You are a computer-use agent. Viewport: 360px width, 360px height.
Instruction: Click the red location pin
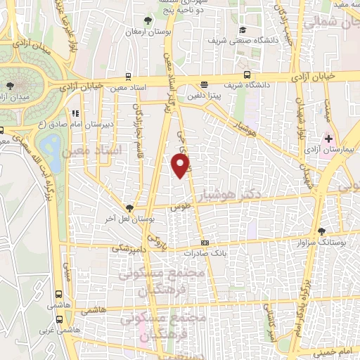(x=181, y=165)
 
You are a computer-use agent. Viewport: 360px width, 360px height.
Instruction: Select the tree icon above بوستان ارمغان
(x=146, y=20)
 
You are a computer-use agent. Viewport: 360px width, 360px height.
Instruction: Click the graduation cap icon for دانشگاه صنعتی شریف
(x=243, y=30)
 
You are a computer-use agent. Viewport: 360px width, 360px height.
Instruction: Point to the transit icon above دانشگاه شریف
(x=247, y=75)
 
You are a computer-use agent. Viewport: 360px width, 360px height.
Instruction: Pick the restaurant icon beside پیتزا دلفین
(x=204, y=83)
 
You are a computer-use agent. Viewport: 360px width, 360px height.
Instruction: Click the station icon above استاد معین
(x=127, y=75)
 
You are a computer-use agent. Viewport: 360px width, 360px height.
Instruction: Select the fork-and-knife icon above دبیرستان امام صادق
(x=75, y=112)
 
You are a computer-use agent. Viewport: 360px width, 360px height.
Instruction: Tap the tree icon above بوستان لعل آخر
(x=129, y=207)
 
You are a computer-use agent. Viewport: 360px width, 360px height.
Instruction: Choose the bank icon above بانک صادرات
(x=205, y=243)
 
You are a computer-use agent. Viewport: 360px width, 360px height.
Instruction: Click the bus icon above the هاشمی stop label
(x=58, y=295)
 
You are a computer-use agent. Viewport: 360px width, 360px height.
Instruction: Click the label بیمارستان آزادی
(x=333, y=150)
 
